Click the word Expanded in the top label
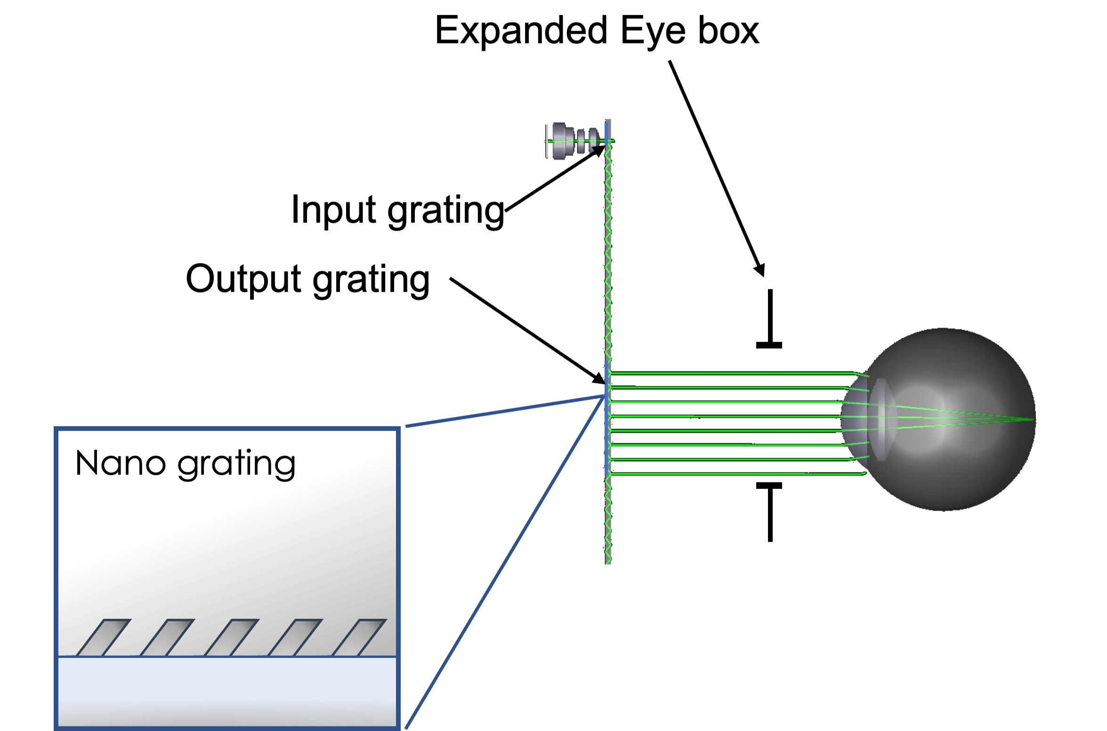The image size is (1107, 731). [x=521, y=31]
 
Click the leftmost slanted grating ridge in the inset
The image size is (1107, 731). [x=103, y=637]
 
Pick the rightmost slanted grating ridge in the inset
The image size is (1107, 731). [x=359, y=637]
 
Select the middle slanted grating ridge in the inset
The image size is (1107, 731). [x=231, y=637]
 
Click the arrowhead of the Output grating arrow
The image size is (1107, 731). [x=598, y=378]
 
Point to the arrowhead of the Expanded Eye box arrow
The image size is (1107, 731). [x=760, y=270]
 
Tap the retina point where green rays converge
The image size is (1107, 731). [x=1033, y=419]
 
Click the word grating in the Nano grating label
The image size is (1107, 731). [x=237, y=465]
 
